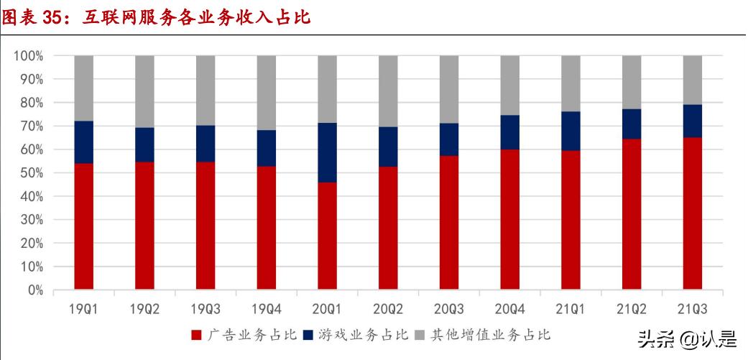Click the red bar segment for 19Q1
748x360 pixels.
(x=83, y=226)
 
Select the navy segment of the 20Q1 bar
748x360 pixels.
(x=328, y=152)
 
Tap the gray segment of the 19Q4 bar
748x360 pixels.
(x=267, y=93)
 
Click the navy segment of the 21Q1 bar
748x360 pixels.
(x=571, y=131)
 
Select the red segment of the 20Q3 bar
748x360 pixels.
(x=449, y=223)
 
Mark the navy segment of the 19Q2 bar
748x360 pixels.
(x=144, y=144)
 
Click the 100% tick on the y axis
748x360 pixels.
(x=29, y=56)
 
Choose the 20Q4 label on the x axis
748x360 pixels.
(x=510, y=310)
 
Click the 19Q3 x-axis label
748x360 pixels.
(x=206, y=310)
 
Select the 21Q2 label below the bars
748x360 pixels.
(x=632, y=310)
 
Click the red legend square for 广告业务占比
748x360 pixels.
(x=196, y=334)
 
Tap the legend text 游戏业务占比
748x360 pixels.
(x=362, y=334)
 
